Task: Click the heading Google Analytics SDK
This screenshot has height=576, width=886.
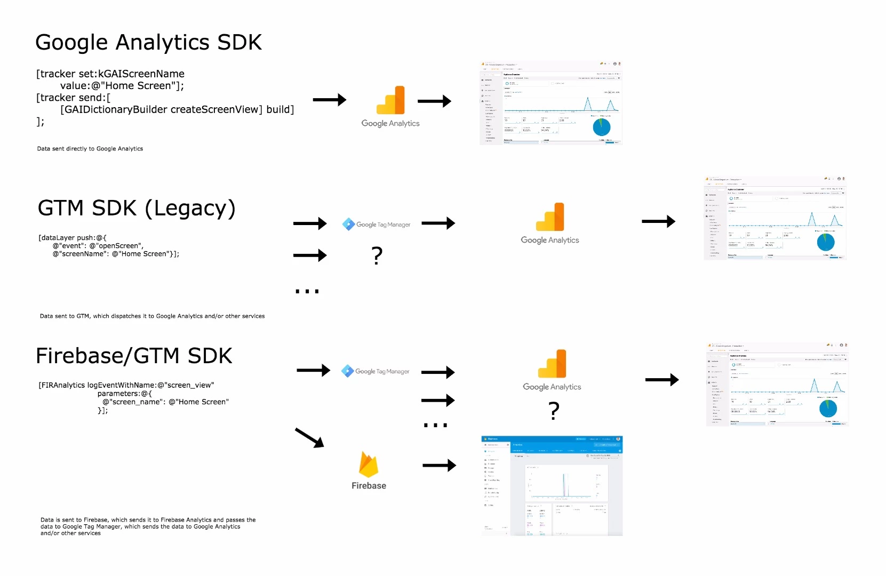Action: pos(148,43)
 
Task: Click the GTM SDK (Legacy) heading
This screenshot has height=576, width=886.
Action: pos(137,209)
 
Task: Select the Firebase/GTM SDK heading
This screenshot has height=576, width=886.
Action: pos(134,356)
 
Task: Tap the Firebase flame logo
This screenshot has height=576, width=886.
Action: pos(369,465)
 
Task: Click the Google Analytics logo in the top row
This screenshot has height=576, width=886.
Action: pos(390,101)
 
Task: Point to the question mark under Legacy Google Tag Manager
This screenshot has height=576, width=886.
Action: pos(377,256)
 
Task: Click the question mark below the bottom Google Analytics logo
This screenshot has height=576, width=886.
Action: pos(554,411)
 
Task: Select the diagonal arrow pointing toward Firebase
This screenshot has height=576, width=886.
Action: pos(309,437)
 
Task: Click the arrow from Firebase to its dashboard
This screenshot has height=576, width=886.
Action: pos(439,466)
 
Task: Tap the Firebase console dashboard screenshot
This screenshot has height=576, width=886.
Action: pos(552,486)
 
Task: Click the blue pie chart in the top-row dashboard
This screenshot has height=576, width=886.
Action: pos(601,127)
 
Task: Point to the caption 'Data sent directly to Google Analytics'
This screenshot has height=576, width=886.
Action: pos(90,149)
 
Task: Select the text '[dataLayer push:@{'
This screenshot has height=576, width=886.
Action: pos(73,238)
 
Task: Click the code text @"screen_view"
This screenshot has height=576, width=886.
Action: pos(186,385)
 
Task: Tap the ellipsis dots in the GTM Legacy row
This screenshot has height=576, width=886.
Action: pos(307,291)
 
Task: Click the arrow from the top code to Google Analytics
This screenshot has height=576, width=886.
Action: pos(329,100)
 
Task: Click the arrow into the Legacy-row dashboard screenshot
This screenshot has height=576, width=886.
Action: pos(658,221)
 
